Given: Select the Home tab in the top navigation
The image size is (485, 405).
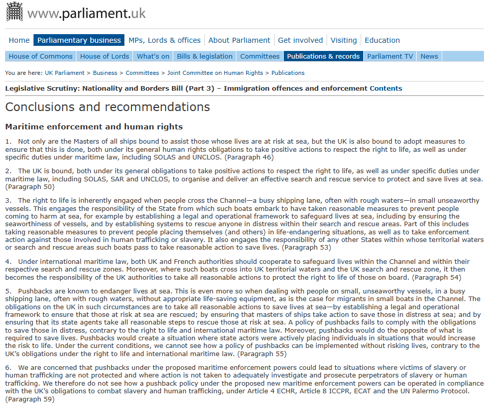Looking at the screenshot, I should click(19, 40).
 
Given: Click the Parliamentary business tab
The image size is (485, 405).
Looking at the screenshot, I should click(79, 40).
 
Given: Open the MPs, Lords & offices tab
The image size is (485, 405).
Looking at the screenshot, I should click(165, 40).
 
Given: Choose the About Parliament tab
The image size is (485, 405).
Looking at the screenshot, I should click(239, 40).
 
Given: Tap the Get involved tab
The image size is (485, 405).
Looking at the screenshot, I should click(301, 40).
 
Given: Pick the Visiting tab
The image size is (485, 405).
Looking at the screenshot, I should click(344, 40).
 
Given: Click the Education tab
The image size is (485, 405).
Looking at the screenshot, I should click(383, 40).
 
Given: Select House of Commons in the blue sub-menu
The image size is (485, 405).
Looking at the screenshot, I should click(41, 56).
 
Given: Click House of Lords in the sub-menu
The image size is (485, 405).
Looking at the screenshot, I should click(104, 56).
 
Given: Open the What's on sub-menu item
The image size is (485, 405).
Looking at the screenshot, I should click(153, 56).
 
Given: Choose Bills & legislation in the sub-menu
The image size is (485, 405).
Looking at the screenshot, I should click(205, 56).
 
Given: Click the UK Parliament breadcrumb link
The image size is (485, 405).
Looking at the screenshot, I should click(64, 73).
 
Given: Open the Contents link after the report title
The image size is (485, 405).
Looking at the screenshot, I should click(386, 88).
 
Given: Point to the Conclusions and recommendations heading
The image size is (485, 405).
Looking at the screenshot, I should click(107, 107).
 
